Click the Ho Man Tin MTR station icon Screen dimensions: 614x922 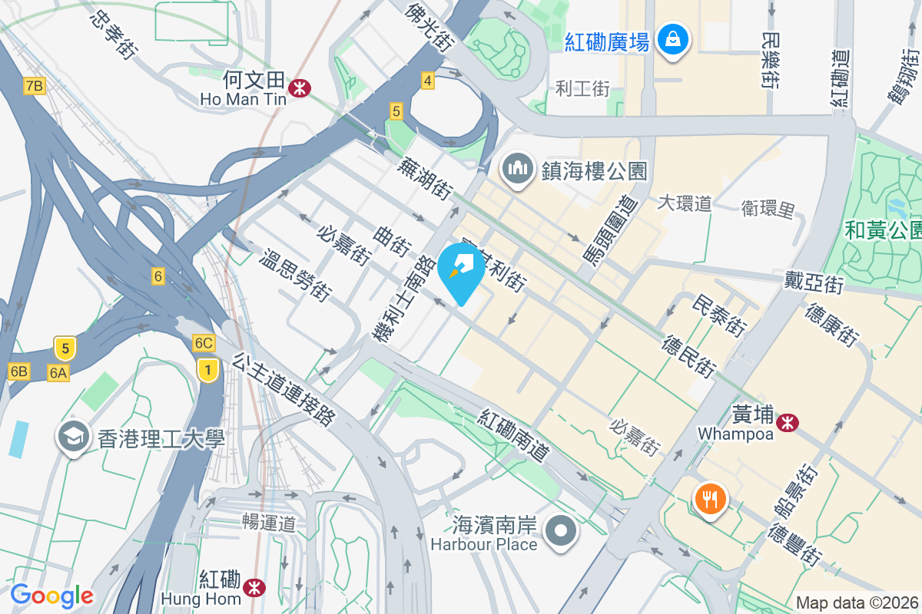click(299, 89)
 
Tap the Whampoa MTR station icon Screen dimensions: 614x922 click(787, 422)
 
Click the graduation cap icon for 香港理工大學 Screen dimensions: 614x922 click(74, 438)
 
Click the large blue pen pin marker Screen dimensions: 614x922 click(461, 272)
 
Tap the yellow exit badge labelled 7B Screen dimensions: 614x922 click(34, 85)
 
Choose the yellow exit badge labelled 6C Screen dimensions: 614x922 click(204, 343)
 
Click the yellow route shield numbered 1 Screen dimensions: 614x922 click(206, 370)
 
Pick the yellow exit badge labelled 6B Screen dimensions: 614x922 click(18, 372)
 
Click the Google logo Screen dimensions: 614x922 click(51, 596)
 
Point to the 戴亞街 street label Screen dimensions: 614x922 click(814, 282)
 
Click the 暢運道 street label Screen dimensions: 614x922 click(268, 524)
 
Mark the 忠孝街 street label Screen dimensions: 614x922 click(113, 35)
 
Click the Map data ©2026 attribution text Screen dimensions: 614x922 click(857, 602)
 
